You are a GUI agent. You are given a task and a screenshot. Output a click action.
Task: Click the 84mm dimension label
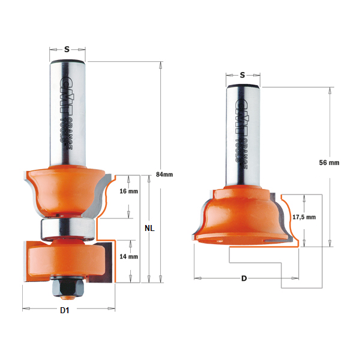pyautogui.click(x=164, y=175)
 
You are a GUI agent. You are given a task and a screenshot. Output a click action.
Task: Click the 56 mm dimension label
pyautogui.click(x=329, y=163)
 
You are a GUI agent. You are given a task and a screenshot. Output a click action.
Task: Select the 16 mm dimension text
pyautogui.click(x=129, y=191)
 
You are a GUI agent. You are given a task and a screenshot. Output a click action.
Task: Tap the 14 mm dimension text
pyautogui.click(x=129, y=256)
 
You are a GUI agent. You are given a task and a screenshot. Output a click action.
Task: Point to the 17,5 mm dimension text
pyautogui.click(x=303, y=218)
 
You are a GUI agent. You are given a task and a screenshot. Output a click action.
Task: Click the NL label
pyautogui.click(x=151, y=229)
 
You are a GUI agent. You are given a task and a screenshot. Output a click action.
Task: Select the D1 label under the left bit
pyautogui.click(x=66, y=310)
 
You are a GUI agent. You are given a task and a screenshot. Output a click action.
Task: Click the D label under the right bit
pyautogui.click(x=244, y=279)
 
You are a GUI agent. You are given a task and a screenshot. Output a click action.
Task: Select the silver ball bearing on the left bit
pyautogui.click(x=66, y=229)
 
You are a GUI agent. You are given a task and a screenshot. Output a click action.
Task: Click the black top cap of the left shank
pyautogui.click(x=67, y=62)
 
